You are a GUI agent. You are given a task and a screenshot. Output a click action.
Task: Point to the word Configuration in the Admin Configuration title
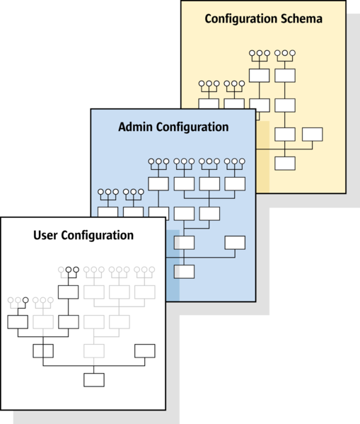(192, 127)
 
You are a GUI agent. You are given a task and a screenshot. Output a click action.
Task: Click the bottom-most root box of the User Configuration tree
(94, 380)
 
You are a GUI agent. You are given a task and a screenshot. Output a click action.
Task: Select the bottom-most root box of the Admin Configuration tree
(184, 272)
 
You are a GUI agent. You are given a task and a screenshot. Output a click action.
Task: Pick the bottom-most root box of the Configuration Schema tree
(285, 164)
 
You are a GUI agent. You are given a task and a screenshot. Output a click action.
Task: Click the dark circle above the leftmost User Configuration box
(25, 300)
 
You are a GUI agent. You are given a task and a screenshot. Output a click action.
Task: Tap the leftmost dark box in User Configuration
(18, 322)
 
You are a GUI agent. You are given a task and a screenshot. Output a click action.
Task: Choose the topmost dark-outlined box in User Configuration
(69, 292)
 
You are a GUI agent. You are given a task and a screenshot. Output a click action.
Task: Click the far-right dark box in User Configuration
(145, 350)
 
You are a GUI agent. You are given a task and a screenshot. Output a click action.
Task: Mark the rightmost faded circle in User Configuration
(152, 270)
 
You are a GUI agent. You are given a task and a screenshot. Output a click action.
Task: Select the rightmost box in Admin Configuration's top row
(235, 184)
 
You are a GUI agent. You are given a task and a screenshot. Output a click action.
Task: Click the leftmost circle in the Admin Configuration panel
(101, 192)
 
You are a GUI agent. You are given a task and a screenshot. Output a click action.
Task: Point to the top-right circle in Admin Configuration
(242, 161)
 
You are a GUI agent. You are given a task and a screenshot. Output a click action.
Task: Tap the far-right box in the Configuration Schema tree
(313, 134)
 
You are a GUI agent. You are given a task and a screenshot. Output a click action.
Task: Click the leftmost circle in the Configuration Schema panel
(202, 84)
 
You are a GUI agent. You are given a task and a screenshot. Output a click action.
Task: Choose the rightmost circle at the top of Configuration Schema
(292, 53)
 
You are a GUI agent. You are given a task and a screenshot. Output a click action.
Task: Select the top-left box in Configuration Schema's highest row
(259, 76)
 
